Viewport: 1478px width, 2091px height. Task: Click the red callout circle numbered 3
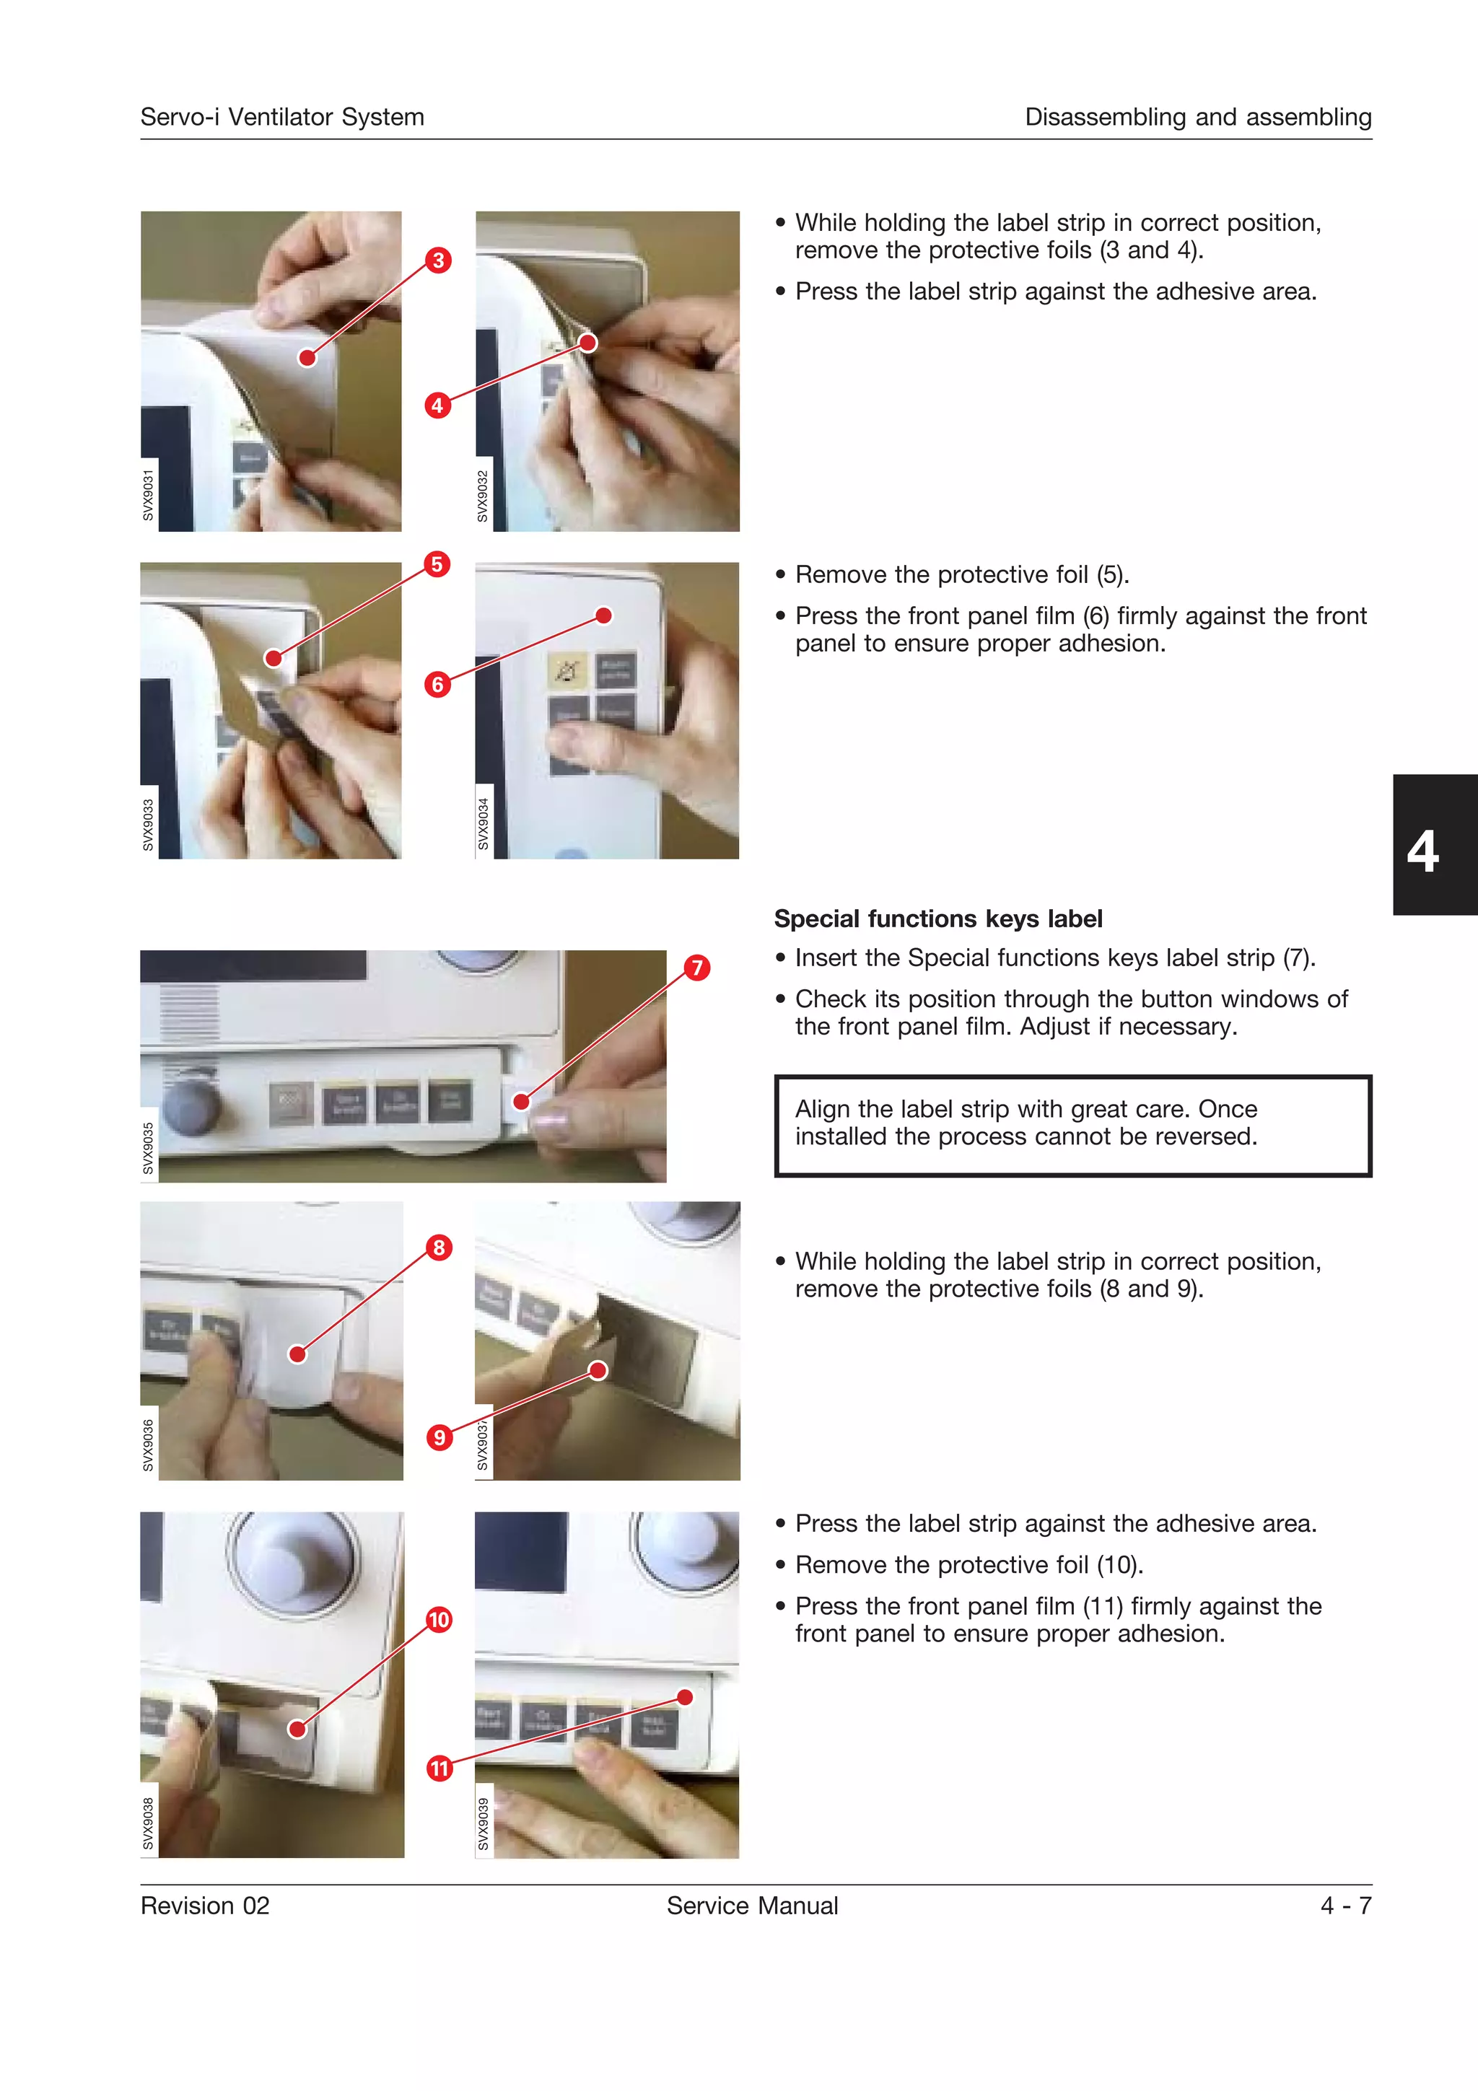point(438,260)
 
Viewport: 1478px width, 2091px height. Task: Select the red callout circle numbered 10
point(439,1619)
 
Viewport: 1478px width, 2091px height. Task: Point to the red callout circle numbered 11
point(440,1768)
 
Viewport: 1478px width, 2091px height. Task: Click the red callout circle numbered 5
point(437,565)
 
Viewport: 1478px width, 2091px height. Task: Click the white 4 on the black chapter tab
point(1422,851)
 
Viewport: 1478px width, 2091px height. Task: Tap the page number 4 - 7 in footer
point(1345,1906)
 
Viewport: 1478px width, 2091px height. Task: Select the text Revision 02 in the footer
point(205,1906)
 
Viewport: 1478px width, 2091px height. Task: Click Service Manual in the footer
point(752,1906)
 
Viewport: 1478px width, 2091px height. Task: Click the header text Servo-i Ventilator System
point(282,118)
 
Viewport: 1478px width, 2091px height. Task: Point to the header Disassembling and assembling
point(1197,118)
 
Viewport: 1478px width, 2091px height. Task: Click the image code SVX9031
point(149,496)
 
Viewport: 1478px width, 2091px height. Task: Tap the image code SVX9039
point(484,1824)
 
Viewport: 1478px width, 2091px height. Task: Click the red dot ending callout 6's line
point(604,615)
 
